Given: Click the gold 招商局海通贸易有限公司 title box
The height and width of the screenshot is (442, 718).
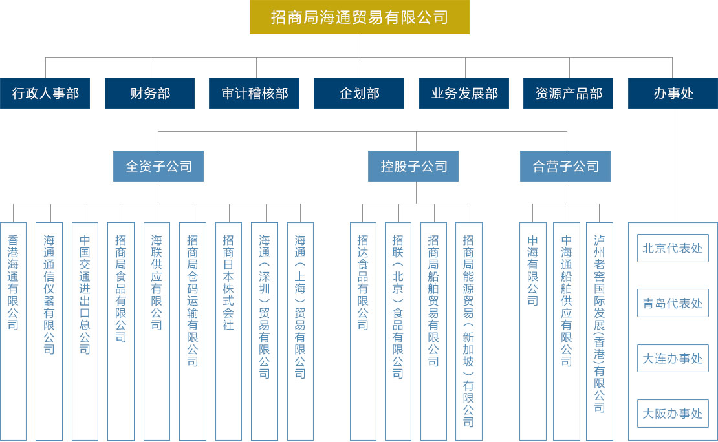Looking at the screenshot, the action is [x=360, y=17].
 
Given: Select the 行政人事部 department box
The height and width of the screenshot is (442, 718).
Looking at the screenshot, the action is [x=45, y=93].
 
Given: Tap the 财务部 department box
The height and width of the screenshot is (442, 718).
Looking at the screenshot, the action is [x=149, y=93].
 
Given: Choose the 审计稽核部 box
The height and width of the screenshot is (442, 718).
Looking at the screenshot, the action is [x=254, y=93].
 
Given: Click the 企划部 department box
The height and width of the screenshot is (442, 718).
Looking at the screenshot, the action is [x=359, y=93].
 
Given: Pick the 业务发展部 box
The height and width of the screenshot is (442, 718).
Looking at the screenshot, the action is [x=464, y=93].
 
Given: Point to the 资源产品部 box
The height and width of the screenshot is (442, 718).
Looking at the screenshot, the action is [x=569, y=93].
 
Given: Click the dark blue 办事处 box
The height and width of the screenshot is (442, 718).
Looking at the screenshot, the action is [x=673, y=93].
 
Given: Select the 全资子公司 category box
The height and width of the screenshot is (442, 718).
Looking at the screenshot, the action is [x=158, y=166].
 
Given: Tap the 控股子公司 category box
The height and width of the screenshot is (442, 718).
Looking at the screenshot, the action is [x=413, y=166].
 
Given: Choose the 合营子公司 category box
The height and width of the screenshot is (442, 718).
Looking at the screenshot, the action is [x=565, y=166].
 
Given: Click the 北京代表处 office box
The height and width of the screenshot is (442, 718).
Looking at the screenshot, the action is [x=673, y=248].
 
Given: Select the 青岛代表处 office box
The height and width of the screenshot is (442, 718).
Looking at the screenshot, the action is [x=673, y=303].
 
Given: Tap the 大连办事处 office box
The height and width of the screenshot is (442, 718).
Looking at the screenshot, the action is [x=673, y=358].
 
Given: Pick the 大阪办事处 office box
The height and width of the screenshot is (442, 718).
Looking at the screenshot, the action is [x=673, y=414].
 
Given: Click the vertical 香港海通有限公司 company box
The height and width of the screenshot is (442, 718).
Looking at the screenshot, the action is [x=14, y=331].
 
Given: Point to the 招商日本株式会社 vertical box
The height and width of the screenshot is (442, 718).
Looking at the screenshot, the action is [x=228, y=331].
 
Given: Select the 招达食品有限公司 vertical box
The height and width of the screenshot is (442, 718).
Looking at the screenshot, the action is [x=363, y=331].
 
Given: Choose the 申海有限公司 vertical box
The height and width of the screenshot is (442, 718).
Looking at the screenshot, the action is [x=533, y=331].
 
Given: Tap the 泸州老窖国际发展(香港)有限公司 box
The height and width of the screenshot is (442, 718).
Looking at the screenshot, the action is [x=600, y=331].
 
